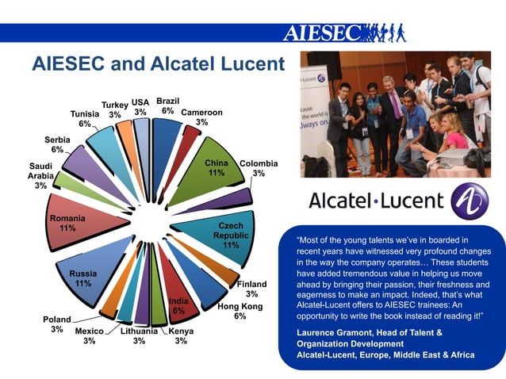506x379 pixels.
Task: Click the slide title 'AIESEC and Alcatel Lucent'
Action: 157,64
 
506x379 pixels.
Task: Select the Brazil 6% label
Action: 167,106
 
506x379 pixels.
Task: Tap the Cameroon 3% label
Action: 201,117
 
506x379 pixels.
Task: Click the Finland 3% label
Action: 251,289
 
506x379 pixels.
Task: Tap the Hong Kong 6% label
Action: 240,311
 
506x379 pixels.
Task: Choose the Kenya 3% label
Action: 181,335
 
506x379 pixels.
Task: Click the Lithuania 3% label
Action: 139,335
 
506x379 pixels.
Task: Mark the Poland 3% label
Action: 56,324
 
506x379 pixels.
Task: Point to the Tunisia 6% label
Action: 84,119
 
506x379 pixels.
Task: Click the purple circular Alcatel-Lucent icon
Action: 469,201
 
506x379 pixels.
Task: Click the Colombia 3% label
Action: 258,167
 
